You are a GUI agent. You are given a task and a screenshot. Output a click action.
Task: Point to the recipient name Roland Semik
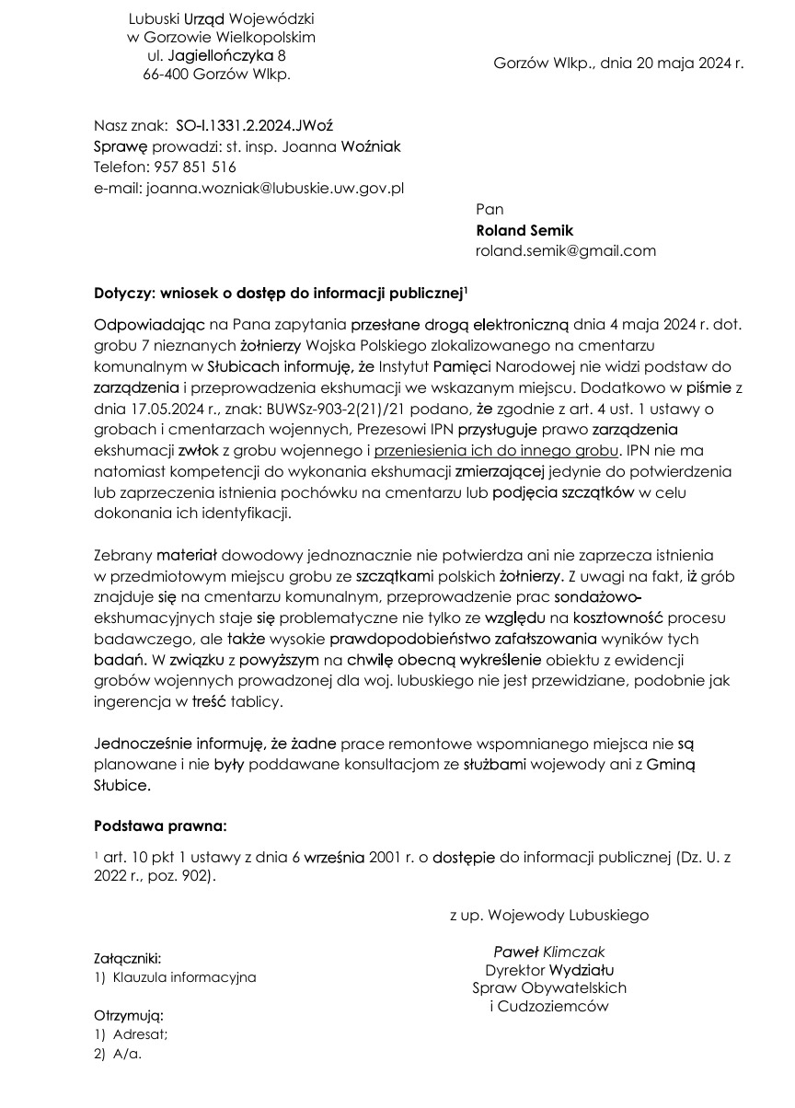tap(524, 230)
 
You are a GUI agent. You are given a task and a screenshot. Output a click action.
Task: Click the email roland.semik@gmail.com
tap(565, 250)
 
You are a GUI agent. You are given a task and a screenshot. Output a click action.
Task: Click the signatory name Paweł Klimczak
tap(549, 952)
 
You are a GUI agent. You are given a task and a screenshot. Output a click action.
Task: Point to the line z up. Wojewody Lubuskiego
tap(548, 915)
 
